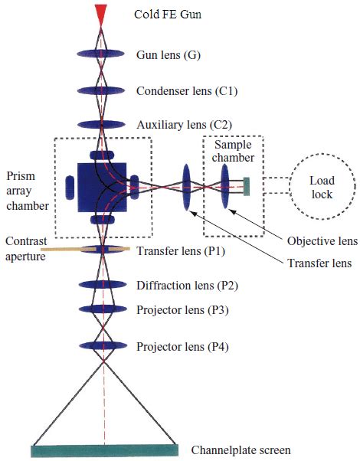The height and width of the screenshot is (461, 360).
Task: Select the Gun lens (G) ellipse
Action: (101, 54)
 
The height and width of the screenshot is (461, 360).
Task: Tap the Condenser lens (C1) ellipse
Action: (101, 90)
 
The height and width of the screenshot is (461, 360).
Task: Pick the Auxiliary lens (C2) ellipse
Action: (101, 124)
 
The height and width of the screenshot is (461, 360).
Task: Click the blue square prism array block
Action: (100, 186)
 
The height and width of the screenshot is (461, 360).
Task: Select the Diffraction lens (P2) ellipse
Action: (101, 284)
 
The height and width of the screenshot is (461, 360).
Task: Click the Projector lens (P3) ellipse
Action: (101, 309)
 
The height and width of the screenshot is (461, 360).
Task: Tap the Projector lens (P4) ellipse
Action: (101, 345)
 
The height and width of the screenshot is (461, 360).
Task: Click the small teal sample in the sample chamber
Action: (247, 186)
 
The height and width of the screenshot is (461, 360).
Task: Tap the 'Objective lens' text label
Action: (322, 241)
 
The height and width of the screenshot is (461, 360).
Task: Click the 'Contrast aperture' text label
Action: (23, 249)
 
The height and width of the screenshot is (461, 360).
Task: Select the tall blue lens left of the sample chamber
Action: (185, 187)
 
